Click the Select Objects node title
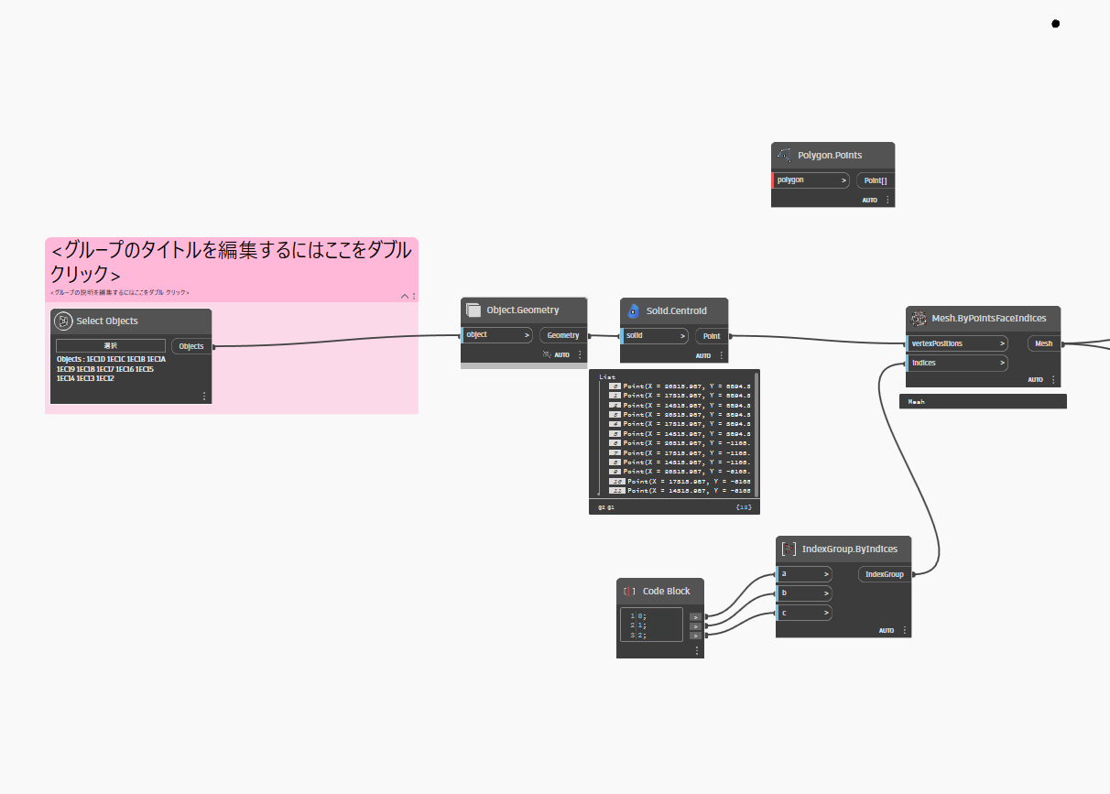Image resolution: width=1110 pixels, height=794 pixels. click(x=108, y=321)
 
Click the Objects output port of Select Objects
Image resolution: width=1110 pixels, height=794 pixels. click(x=191, y=346)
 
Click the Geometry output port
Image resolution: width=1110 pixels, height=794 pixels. click(x=562, y=335)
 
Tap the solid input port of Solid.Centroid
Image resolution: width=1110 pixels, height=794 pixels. click(x=655, y=336)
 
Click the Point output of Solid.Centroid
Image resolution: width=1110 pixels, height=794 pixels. click(x=711, y=336)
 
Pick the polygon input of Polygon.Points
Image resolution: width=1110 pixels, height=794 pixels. click(x=811, y=180)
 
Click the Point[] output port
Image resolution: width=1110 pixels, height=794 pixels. click(x=875, y=180)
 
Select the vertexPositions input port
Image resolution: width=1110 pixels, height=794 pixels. click(x=957, y=343)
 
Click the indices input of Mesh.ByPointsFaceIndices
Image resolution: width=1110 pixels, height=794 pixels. click(x=957, y=363)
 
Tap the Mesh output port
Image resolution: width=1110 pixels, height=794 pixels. click(x=1043, y=343)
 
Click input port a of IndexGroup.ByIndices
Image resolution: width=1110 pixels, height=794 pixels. click(x=804, y=574)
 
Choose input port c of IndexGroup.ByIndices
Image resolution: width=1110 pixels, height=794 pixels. click(x=804, y=613)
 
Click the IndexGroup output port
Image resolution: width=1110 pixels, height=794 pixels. click(x=884, y=574)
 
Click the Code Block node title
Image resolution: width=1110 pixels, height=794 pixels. click(x=666, y=592)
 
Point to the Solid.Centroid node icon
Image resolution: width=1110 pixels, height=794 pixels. click(x=633, y=311)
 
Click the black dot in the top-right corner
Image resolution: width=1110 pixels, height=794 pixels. click(x=1055, y=24)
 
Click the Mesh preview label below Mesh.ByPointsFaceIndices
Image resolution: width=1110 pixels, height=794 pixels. click(x=917, y=401)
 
